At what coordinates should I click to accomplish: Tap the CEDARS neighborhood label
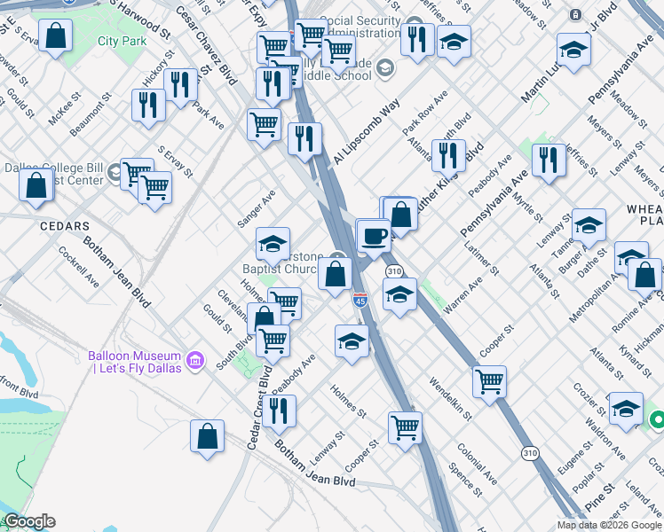click(x=65, y=226)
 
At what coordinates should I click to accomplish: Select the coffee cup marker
click(x=373, y=236)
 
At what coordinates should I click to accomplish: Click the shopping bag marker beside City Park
click(x=56, y=36)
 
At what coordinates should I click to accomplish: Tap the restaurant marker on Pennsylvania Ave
click(x=549, y=160)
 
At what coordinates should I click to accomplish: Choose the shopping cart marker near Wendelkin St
click(x=489, y=382)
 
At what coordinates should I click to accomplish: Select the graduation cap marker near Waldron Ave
click(x=626, y=409)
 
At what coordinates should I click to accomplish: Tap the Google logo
click(x=28, y=521)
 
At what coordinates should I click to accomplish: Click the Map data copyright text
click(x=608, y=525)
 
